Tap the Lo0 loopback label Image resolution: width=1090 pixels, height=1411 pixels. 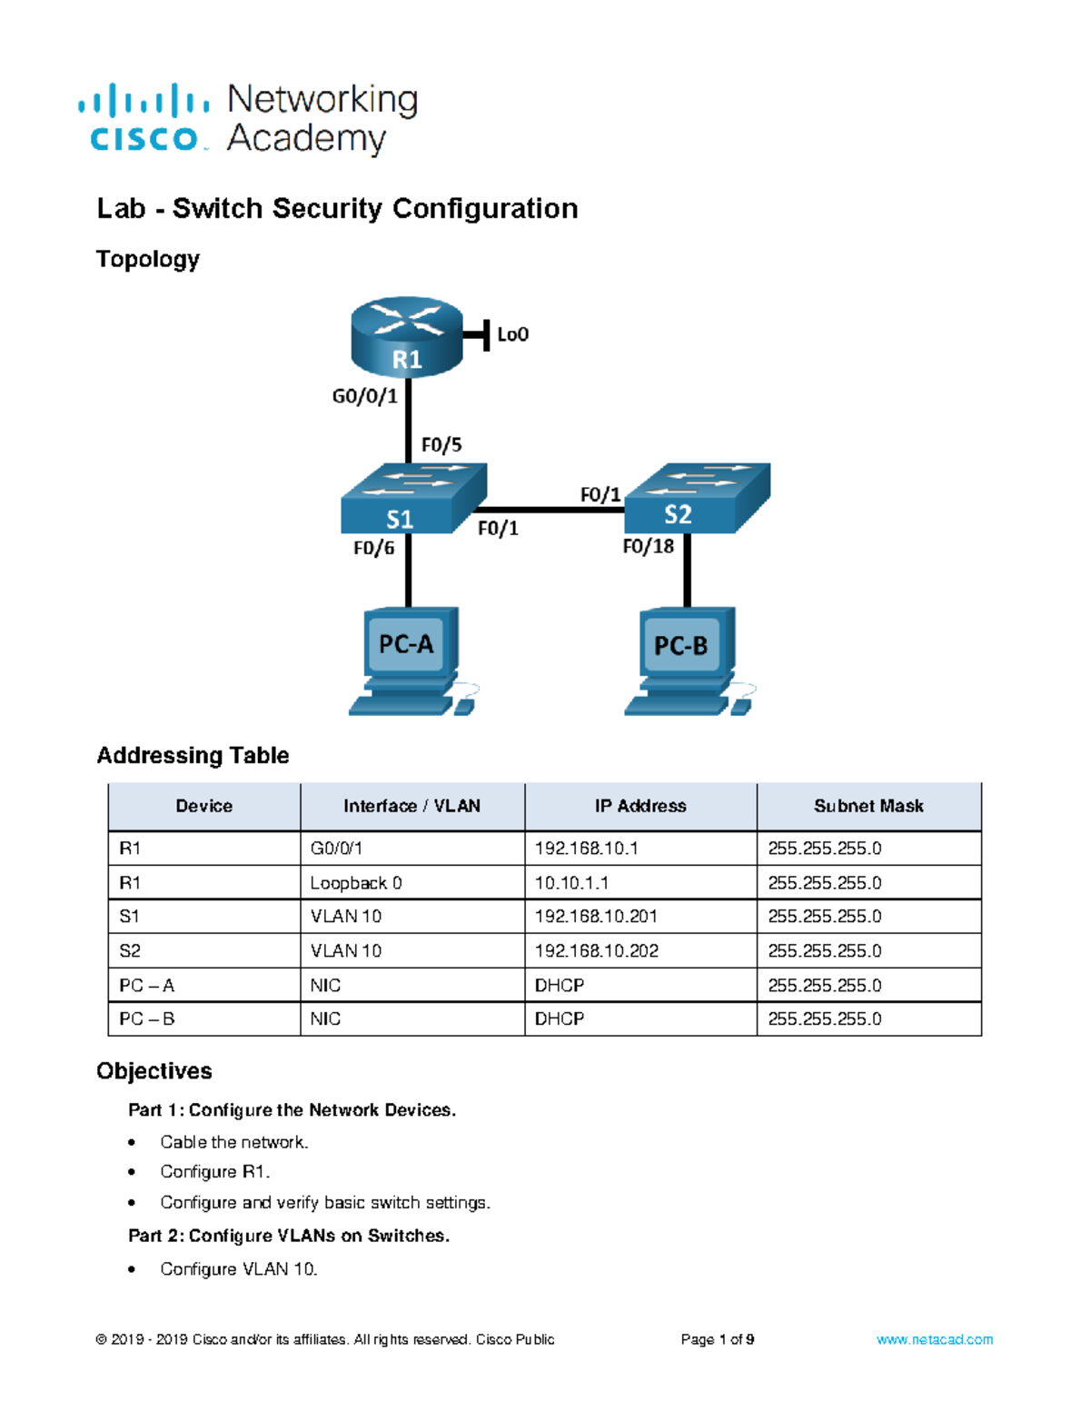pos(512,334)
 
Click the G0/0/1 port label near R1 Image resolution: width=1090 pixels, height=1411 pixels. pos(364,396)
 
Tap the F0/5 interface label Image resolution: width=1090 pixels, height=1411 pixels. pos(441,445)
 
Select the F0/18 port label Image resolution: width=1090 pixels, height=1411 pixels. pos(648,546)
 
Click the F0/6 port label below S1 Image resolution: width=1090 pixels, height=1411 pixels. pos(373,548)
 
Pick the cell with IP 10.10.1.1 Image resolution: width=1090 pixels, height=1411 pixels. pos(571,883)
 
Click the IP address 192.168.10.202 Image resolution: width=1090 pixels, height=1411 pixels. pos(596,951)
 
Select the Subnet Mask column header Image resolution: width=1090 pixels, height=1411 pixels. pos(868,806)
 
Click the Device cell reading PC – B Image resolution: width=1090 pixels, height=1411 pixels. pos(146,1019)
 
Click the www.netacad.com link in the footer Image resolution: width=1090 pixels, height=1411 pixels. pos(934,1339)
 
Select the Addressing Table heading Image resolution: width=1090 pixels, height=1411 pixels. pos(193,755)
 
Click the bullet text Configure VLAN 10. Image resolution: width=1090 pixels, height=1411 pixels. pos(238,1269)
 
